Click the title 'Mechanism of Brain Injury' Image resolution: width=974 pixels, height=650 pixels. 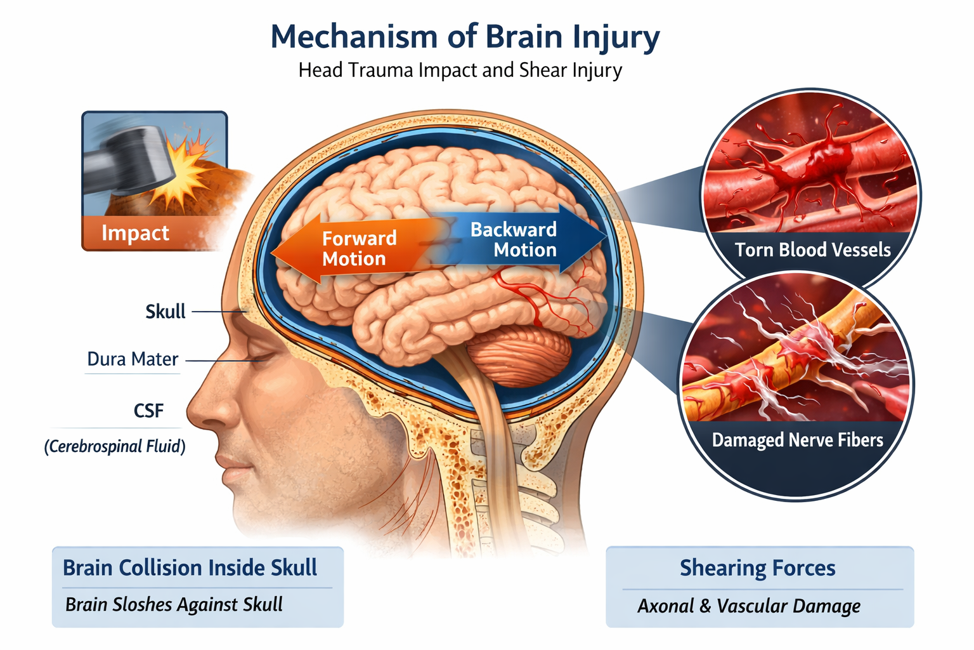click(x=465, y=37)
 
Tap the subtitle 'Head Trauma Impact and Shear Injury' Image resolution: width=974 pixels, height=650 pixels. click(x=460, y=70)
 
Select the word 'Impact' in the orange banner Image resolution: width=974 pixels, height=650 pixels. click(x=135, y=233)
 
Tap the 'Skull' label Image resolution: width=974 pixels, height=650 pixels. click(x=166, y=312)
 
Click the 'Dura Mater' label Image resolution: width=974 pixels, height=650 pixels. click(x=133, y=359)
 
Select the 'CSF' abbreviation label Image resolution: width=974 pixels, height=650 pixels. click(x=148, y=411)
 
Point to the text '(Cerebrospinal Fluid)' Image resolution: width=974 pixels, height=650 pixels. click(x=115, y=446)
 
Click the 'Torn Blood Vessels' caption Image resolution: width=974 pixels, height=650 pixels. click(x=812, y=249)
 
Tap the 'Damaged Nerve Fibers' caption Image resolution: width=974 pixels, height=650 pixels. click(x=797, y=440)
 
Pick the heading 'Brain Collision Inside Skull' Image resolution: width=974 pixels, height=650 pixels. click(x=190, y=567)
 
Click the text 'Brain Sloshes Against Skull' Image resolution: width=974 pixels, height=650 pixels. click(x=174, y=604)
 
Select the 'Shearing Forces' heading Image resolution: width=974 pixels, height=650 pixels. click(x=757, y=567)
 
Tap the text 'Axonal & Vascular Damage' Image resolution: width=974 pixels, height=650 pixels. click(x=749, y=606)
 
